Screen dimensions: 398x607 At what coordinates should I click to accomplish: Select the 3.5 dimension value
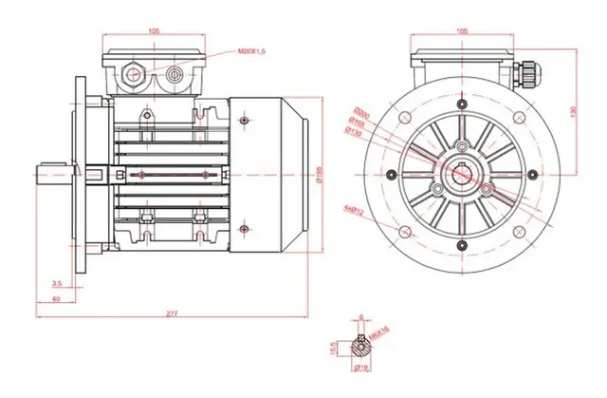click(x=57, y=283)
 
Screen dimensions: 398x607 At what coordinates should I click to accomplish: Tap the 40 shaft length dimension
click(x=57, y=299)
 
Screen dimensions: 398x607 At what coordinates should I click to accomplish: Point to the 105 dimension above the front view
click(x=462, y=30)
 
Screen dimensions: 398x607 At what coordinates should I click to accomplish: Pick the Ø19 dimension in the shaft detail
click(x=360, y=365)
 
